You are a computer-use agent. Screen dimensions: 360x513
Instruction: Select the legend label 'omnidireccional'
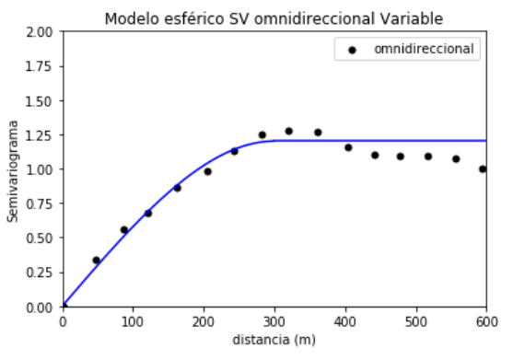pos(426,50)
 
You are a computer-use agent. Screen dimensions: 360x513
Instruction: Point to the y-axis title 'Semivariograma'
pos(13,169)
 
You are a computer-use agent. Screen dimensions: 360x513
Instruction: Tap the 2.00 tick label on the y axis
pos(40,31)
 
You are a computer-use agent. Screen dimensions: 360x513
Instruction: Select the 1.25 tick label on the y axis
pos(40,134)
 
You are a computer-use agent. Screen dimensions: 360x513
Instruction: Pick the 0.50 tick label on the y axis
pos(40,238)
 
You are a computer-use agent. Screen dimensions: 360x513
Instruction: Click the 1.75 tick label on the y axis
pos(40,66)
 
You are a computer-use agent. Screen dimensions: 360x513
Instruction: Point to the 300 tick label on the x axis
pos(274,321)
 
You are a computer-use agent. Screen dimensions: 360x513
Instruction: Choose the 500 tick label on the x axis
pos(414,321)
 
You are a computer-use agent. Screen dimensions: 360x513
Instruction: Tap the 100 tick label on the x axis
pos(133,321)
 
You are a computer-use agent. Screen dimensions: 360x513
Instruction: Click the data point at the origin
pos(63,307)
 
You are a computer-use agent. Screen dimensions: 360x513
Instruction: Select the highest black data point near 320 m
pos(289,132)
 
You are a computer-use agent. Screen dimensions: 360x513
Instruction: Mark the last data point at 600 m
pos(484,169)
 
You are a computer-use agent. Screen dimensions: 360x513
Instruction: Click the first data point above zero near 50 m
pos(96,261)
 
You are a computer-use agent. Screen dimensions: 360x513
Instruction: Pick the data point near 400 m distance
pos(348,147)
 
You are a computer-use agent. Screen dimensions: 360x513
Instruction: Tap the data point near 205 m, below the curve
pos(207,171)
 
